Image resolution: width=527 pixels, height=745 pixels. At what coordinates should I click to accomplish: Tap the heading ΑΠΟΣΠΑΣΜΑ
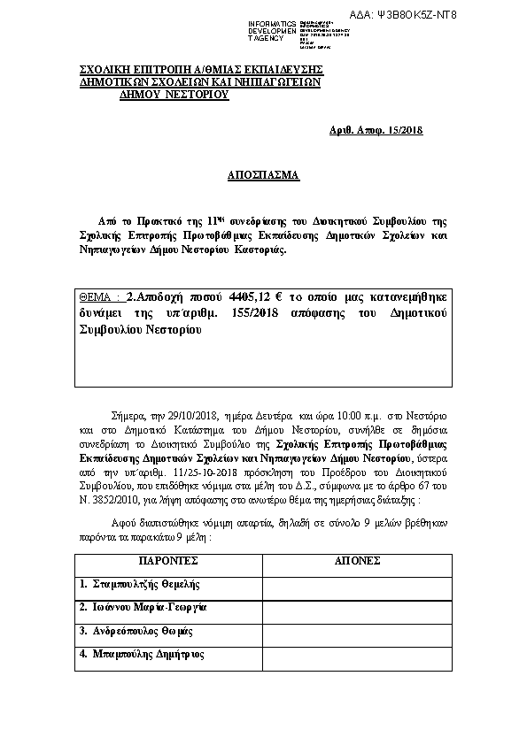pos(263,176)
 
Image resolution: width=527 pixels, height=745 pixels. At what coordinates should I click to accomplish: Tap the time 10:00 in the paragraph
pos(336,414)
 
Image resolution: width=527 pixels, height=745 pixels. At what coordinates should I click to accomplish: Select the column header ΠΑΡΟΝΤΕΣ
pos(169,561)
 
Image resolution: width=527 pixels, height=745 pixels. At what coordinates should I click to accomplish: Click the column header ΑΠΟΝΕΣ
pos(358,561)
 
